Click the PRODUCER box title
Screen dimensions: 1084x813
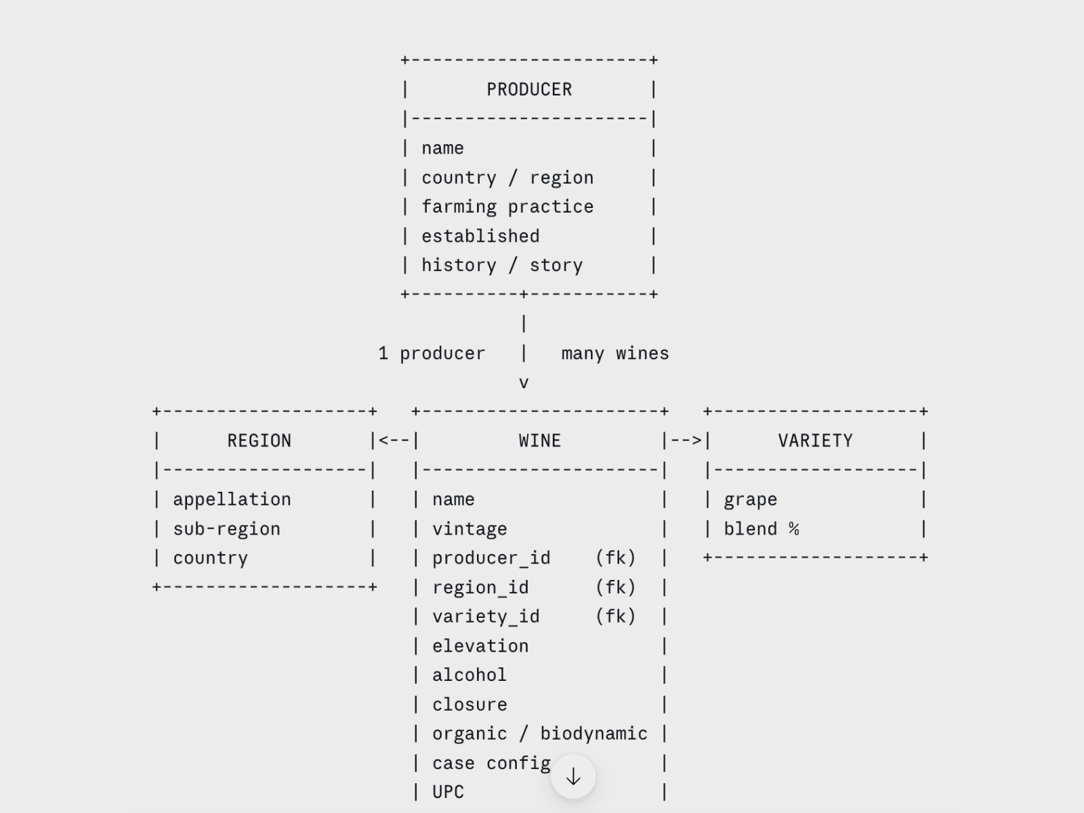pos(529,90)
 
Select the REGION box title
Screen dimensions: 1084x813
pos(259,441)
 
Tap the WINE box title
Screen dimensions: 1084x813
pos(540,441)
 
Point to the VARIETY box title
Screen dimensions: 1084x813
pos(815,441)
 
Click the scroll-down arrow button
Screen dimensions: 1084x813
pos(573,776)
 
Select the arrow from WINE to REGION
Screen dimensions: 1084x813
pos(394,440)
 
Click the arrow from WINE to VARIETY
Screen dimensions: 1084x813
pos(686,440)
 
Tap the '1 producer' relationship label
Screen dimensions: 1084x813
pos(432,354)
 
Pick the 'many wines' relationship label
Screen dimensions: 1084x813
pos(615,354)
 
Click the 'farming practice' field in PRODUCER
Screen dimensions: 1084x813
pos(507,207)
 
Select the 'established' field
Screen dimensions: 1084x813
pos(480,236)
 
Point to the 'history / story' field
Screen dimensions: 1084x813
pos(502,266)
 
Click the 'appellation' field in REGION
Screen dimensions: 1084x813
pos(232,499)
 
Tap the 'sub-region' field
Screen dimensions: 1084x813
pos(227,529)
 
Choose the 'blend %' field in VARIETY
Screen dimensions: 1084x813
pos(762,528)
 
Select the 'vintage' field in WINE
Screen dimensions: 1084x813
pos(470,529)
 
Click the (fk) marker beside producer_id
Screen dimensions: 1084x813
pos(615,558)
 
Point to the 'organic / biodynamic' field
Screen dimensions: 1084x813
pos(540,734)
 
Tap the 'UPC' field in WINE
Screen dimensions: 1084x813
pos(449,792)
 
